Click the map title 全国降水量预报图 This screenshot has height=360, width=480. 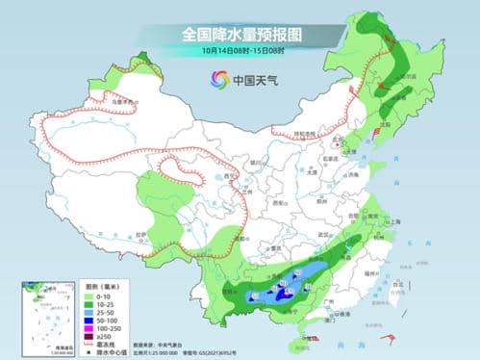coord(240,33)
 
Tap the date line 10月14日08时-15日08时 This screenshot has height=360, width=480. coord(240,49)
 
